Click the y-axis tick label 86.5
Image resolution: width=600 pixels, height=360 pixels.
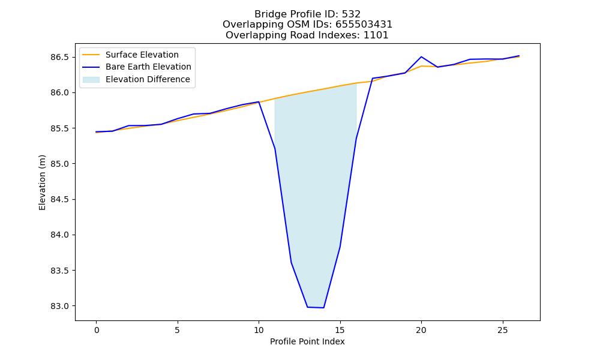(x=59, y=58)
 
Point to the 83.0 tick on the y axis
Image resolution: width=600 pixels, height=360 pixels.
(x=59, y=306)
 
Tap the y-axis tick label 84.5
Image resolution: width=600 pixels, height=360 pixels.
(x=59, y=199)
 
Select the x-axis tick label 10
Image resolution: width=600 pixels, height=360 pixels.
(x=259, y=330)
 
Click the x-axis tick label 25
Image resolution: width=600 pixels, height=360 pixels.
(x=502, y=330)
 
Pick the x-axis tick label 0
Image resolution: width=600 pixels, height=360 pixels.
(x=97, y=330)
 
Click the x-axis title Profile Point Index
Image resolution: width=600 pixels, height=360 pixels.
(x=307, y=341)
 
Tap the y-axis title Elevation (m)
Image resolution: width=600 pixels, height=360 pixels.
(x=42, y=182)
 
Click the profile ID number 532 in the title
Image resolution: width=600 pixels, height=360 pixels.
(x=351, y=14)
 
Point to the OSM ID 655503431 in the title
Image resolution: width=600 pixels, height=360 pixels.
(x=364, y=25)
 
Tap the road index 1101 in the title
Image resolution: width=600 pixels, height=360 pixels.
(x=376, y=35)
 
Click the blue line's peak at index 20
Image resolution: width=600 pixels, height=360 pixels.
(x=421, y=56)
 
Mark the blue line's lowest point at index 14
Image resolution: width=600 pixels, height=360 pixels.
(x=324, y=308)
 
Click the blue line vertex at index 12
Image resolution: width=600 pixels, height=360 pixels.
(x=291, y=262)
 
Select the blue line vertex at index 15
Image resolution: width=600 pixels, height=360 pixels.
(x=340, y=247)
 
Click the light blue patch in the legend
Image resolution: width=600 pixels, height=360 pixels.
(x=91, y=80)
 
